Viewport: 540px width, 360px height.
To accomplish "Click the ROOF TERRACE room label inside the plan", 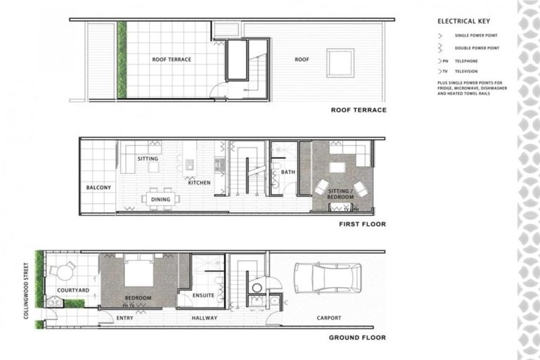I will point(172,60).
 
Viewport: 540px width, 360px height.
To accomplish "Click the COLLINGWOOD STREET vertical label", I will point(26,290).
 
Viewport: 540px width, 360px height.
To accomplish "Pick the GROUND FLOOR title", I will point(357,337).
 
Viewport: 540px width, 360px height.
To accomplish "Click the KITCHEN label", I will point(199,183).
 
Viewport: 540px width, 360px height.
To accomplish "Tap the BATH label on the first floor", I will point(288,172).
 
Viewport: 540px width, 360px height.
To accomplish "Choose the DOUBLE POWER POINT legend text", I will point(477,48).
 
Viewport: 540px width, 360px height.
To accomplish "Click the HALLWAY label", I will point(204,318).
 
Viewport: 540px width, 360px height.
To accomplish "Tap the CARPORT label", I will point(328,318).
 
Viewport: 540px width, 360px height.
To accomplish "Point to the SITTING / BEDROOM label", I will point(340,194).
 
